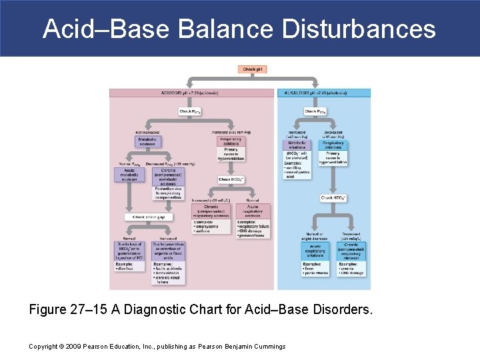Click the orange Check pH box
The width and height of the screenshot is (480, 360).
pyautogui.click(x=253, y=69)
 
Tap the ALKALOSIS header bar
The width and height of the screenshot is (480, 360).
pyautogui.click(x=323, y=93)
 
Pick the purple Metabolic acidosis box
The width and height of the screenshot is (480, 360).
pyautogui.click(x=147, y=142)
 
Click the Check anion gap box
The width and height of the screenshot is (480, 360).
pyautogui.click(x=147, y=217)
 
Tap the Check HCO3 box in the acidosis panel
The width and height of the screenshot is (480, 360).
pyautogui.click(x=231, y=179)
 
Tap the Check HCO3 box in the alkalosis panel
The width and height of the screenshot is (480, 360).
pyautogui.click(x=333, y=198)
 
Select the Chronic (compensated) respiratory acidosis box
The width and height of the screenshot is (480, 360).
pyautogui.click(x=211, y=212)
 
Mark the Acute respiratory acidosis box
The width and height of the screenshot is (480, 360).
pyautogui.click(x=253, y=211)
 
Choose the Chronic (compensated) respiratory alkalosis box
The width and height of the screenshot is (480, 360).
pyautogui.click(x=351, y=251)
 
